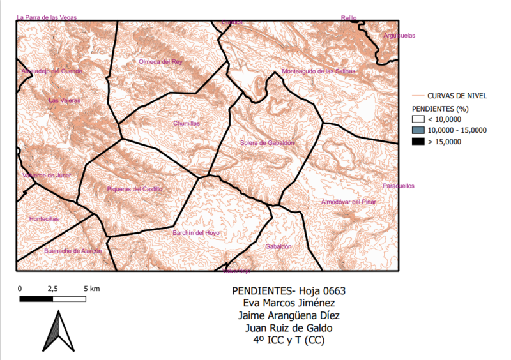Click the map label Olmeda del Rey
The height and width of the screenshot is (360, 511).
pyautogui.click(x=160, y=62)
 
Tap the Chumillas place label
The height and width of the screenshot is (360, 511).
pyautogui.click(x=187, y=123)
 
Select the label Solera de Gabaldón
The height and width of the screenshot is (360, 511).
pyautogui.click(x=268, y=143)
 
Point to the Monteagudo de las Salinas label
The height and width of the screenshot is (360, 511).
pyautogui.click(x=319, y=71)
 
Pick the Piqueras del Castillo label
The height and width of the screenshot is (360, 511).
pyautogui.click(x=135, y=189)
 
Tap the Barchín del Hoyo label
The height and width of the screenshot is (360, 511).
pyautogui.click(x=195, y=233)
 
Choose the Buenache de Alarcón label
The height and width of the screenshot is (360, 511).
pyautogui.click(x=73, y=251)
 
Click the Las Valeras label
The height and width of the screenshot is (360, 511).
pyautogui.click(x=65, y=100)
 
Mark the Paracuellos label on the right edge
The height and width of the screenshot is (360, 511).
pyautogui.click(x=399, y=186)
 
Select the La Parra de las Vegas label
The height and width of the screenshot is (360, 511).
pyautogui.click(x=47, y=17)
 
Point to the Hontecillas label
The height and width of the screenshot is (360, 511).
pyautogui.click(x=44, y=219)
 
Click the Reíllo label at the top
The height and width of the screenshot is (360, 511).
pyautogui.click(x=349, y=18)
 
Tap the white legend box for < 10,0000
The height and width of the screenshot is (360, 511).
pyautogui.click(x=418, y=119)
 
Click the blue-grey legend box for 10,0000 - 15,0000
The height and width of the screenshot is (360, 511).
pyautogui.click(x=418, y=130)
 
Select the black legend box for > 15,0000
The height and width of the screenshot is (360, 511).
pyautogui.click(x=418, y=141)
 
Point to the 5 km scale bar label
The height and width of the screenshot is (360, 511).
pyautogui.click(x=92, y=289)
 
